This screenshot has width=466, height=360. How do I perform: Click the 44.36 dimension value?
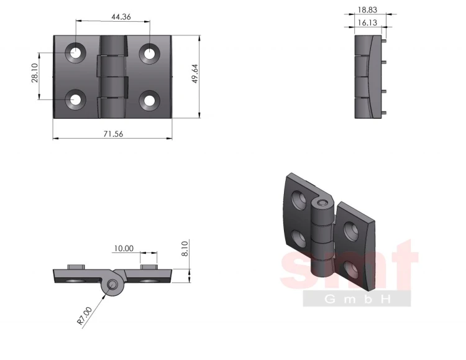coord(121,17)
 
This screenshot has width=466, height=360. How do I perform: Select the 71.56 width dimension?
coord(113,134)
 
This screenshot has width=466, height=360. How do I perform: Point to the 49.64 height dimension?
coord(194,74)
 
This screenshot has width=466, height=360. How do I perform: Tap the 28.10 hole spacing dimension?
coord(35,73)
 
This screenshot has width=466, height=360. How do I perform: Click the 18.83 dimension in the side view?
coord(367,10)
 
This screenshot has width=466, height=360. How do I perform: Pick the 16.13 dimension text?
coord(367,22)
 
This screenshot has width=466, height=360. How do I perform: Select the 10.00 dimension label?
coord(124,248)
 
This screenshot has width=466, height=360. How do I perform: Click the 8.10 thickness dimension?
coord(185,249)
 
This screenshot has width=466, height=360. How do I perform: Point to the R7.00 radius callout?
coord(85,316)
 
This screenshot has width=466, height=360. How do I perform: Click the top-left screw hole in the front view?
coord(75,53)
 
